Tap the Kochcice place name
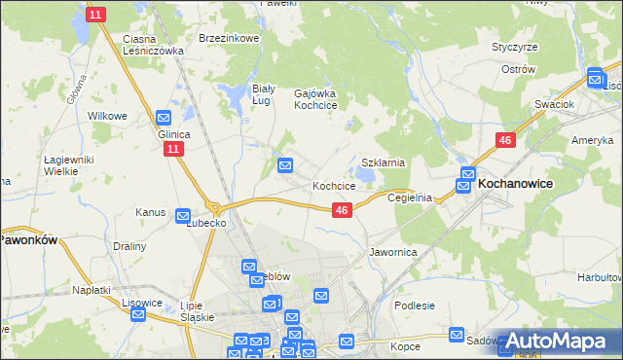pyautogui.click(x=333, y=185)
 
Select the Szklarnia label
pyautogui.click(x=383, y=162)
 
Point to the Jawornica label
pyautogui.click(x=393, y=251)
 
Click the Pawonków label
pyautogui.click(x=29, y=238)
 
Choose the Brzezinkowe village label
pyautogui.click(x=229, y=38)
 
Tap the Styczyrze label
pyautogui.click(x=515, y=46)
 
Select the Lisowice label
pyautogui.click(x=142, y=303)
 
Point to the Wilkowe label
pyautogui.click(x=108, y=116)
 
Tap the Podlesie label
pyautogui.click(x=415, y=305)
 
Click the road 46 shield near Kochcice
pyautogui.click(x=341, y=210)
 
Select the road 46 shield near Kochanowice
pyautogui.click(x=504, y=141)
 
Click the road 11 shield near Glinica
pyautogui.click(x=172, y=149)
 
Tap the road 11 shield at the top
pyautogui.click(x=94, y=15)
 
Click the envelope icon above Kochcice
pyautogui.click(x=286, y=166)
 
